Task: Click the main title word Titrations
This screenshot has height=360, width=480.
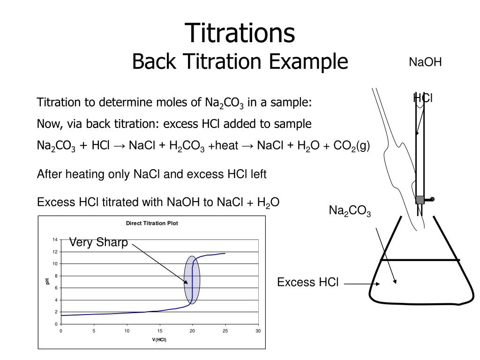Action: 240,33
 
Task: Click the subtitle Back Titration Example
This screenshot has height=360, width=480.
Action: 240,61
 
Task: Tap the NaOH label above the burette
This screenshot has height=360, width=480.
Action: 425,62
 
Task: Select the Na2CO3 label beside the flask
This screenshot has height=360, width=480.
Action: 350,211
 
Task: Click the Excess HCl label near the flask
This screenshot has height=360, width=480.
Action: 307,282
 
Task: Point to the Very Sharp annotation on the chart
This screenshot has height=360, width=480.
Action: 98,242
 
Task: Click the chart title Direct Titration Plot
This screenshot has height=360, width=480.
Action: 152,223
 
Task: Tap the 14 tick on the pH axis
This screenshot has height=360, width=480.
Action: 55,240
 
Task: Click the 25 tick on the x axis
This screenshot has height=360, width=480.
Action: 225,331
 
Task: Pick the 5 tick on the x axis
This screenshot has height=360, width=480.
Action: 94,331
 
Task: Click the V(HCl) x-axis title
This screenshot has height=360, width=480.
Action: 159,340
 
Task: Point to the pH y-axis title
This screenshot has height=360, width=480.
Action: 47,281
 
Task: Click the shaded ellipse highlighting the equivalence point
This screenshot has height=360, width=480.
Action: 192,280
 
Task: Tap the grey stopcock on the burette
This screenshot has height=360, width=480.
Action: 420,200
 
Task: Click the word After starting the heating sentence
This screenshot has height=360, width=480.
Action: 48,174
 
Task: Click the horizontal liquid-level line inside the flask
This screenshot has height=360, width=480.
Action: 420,260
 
